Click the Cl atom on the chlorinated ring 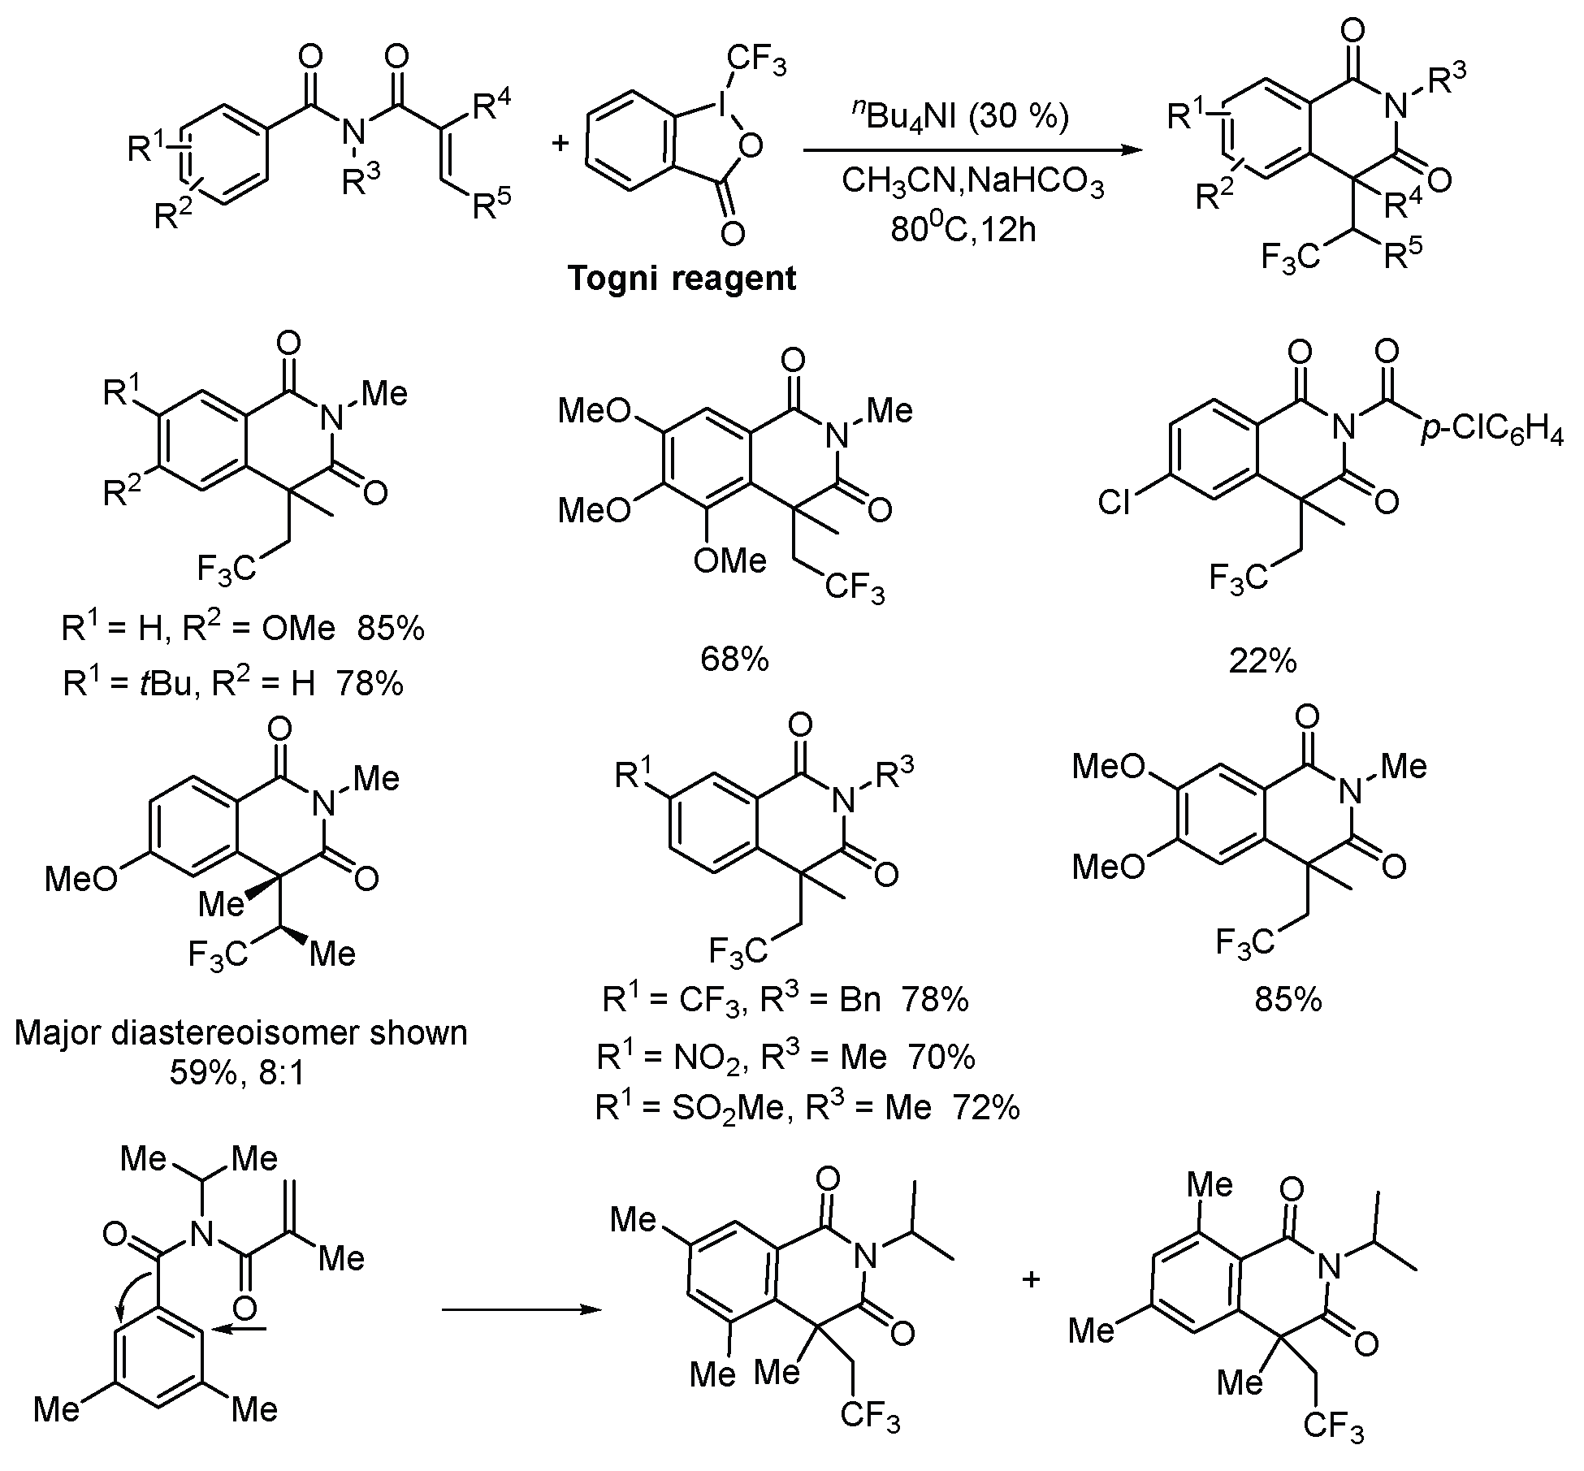pyautogui.click(x=1114, y=503)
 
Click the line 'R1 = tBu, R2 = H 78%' pyautogui.click(x=233, y=683)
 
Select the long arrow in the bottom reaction pyautogui.click(x=522, y=1310)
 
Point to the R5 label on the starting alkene pyautogui.click(x=493, y=205)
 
